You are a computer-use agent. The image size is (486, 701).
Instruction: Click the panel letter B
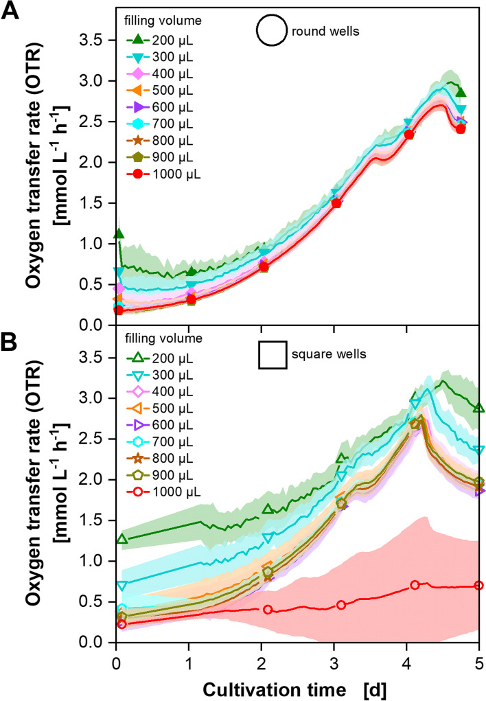pos(12,341)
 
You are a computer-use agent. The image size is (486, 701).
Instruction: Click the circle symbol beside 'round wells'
pos(270,32)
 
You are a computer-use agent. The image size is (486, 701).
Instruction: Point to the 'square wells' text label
pos(323,355)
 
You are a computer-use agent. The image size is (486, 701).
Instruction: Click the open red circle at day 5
pos(478,585)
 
